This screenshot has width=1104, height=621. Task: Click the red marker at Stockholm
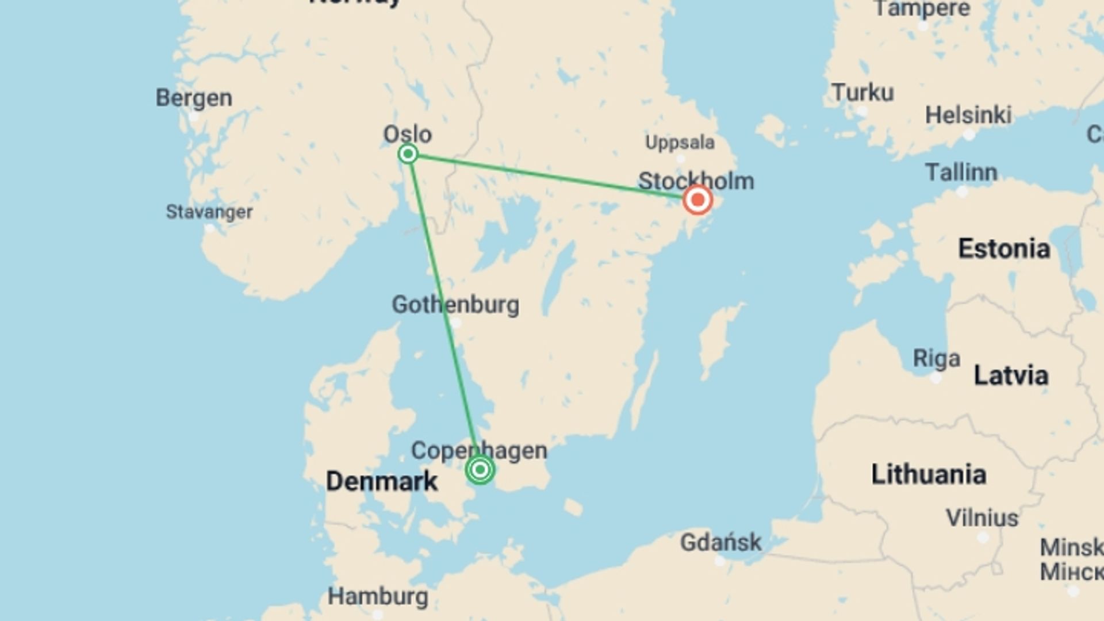[x=697, y=200]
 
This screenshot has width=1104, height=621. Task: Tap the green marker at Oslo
[x=408, y=154]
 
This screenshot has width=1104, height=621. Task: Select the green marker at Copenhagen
[x=480, y=470]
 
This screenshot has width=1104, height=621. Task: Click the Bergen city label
[x=194, y=98]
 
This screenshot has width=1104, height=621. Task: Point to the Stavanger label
[x=209, y=212]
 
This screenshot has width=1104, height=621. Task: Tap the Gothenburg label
[x=455, y=304]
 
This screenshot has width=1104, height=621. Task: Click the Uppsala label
[x=680, y=142]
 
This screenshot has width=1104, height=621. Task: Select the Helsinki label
[x=968, y=115]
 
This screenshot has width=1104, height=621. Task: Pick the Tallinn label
[x=961, y=172]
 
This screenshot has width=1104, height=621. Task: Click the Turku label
[x=862, y=93]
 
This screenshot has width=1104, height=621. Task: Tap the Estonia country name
[x=1004, y=249]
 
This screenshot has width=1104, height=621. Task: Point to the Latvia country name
[x=1011, y=375]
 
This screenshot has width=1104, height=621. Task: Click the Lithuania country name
[x=929, y=474]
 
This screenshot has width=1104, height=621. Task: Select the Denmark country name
[x=382, y=481]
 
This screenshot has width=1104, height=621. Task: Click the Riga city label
[x=937, y=359]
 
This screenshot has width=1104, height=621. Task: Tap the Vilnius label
[x=982, y=518]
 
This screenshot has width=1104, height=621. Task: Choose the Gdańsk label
[x=720, y=542]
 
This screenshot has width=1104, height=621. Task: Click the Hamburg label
[x=378, y=596]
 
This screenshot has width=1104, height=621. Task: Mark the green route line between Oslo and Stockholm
[x=552, y=177]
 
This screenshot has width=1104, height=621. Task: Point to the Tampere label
[x=922, y=9]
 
